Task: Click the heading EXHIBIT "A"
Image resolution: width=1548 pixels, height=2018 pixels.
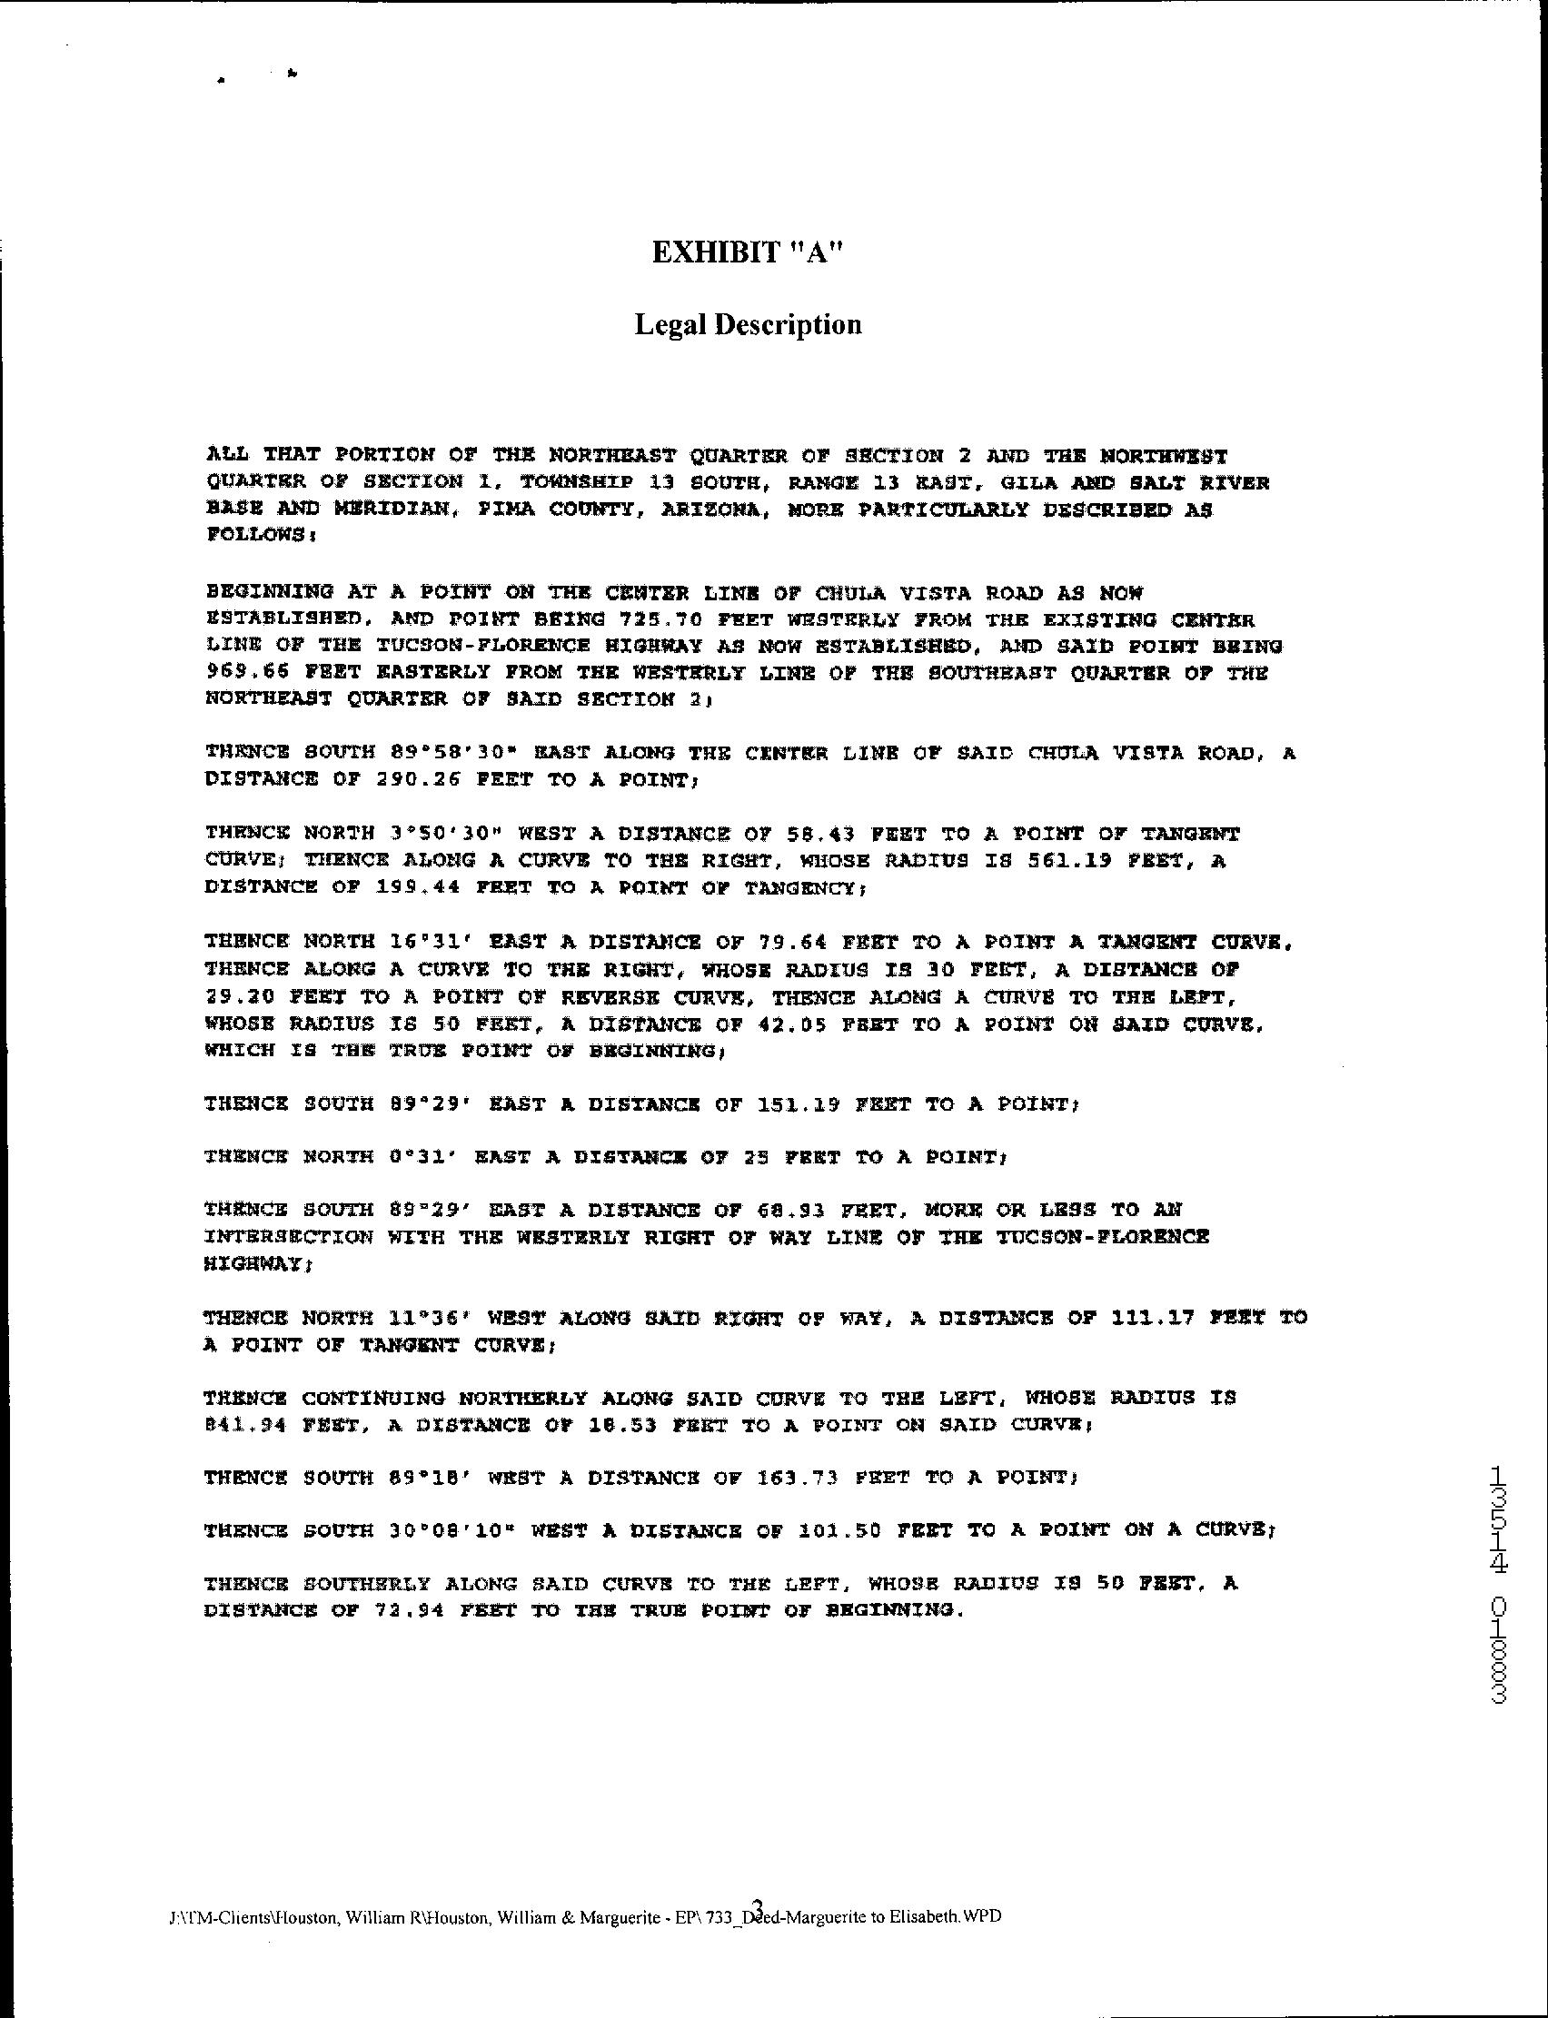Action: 748,252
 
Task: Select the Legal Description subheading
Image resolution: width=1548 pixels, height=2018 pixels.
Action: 748,324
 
